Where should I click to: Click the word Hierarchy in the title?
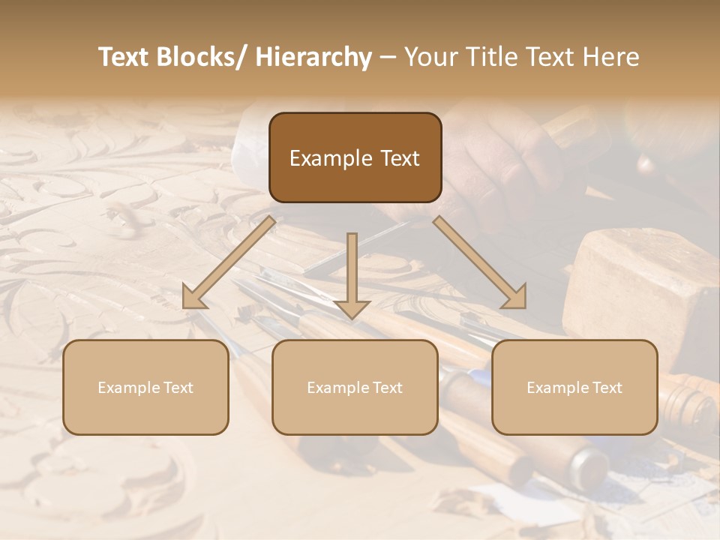click(x=313, y=58)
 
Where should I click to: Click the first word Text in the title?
click(x=124, y=58)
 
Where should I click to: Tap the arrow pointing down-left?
click(x=229, y=262)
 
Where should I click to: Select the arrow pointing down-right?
click(x=480, y=262)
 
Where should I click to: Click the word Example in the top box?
click(x=331, y=159)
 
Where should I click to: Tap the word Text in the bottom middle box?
click(x=386, y=388)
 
